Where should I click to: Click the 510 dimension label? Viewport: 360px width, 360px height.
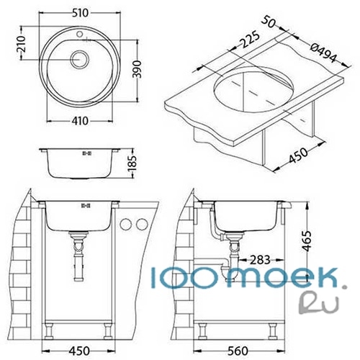tap(80, 13)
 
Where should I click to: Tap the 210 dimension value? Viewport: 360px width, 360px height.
tap(22, 44)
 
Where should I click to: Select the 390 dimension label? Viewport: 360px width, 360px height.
tap(137, 69)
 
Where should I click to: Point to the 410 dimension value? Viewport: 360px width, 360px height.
tap(80, 121)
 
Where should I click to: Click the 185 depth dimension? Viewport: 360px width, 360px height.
tap(132, 163)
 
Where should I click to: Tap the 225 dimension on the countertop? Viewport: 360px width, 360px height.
tap(250, 39)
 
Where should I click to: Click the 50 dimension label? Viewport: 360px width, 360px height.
tap(268, 22)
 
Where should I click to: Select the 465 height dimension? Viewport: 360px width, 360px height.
tap(307, 240)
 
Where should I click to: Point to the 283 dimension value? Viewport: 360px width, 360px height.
tap(260, 260)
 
